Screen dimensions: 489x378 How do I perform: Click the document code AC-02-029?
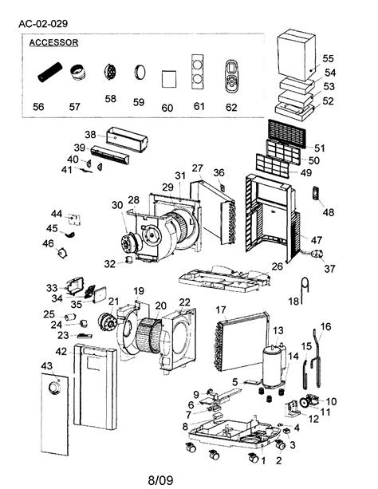[47, 24]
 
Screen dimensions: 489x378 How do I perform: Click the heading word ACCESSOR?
[53, 43]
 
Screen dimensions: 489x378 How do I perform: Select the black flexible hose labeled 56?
[49, 76]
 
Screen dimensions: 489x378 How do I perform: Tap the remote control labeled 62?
[231, 74]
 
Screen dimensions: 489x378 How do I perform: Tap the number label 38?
[89, 134]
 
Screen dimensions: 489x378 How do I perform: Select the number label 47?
[317, 240]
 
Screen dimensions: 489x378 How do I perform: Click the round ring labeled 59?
[139, 74]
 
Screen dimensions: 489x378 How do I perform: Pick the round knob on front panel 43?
[53, 388]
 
